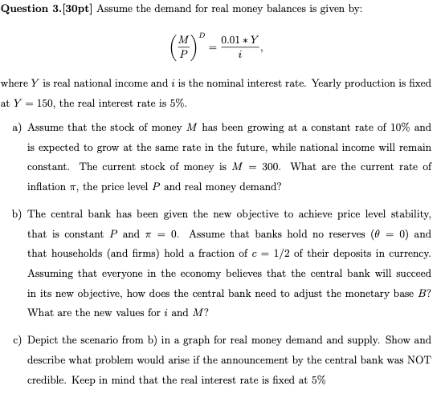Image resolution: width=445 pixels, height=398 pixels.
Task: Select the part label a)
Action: click(17, 127)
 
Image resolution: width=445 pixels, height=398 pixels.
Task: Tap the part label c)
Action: click(17, 340)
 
